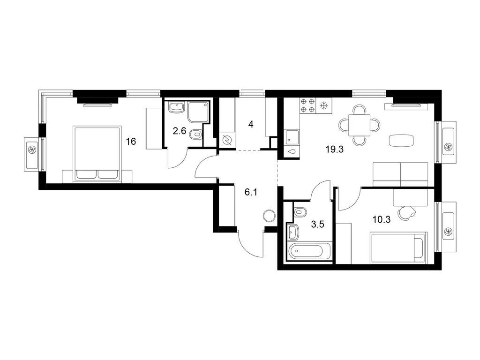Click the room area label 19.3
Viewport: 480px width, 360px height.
335,150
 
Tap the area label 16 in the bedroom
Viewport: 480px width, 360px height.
131,142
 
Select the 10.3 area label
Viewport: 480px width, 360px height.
382,219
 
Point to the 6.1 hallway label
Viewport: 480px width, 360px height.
251,192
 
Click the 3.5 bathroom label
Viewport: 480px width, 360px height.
317,225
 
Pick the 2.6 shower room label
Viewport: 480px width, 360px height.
180,131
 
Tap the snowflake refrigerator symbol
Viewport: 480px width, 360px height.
323,106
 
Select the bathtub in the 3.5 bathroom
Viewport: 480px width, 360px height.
310,251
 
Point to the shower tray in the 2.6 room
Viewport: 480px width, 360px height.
199,112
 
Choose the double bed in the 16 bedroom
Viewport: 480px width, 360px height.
97,154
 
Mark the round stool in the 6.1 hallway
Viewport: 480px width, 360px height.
270,216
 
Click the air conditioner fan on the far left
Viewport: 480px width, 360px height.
32,150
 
